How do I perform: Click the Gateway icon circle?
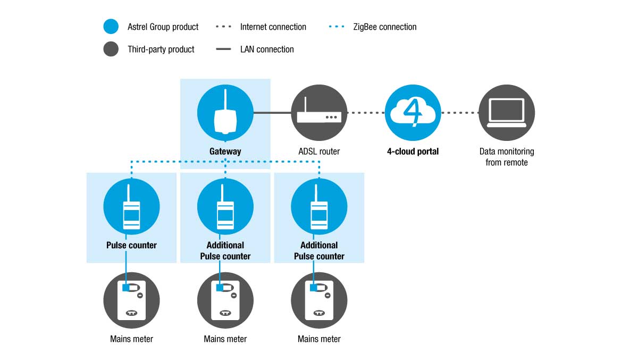click(225, 113)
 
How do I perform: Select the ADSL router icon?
click(319, 113)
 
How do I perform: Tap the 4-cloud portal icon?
click(413, 113)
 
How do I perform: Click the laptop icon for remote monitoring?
click(507, 113)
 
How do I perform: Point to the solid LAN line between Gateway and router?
click(272, 113)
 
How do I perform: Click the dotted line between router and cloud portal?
click(366, 113)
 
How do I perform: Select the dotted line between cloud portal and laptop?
click(460, 113)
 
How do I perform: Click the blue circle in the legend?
click(111, 27)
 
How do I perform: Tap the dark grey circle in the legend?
click(111, 49)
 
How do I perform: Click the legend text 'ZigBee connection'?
click(385, 27)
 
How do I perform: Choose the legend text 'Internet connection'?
click(273, 27)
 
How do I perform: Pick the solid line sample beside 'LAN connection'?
click(223, 49)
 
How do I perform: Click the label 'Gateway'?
click(225, 151)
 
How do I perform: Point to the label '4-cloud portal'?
click(413, 151)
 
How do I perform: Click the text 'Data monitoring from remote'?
click(507, 157)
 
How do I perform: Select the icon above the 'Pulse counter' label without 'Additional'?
click(131, 206)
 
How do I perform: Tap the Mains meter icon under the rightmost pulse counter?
click(319, 300)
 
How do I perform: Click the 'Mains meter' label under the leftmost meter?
click(131, 339)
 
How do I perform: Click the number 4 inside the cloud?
click(413, 112)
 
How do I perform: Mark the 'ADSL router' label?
click(319, 151)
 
